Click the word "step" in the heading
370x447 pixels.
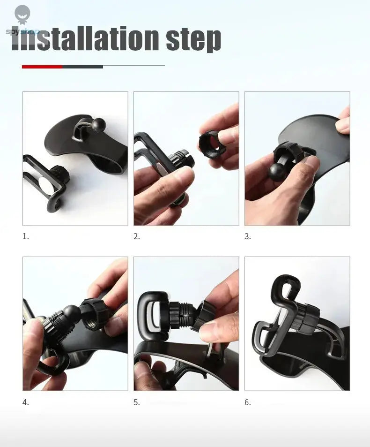[193, 39]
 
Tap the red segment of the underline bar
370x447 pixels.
[42, 67]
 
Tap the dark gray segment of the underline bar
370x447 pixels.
[82, 67]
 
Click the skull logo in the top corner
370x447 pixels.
[22, 14]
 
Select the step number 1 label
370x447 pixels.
[26, 237]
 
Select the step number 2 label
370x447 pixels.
[137, 237]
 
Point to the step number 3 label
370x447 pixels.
[248, 237]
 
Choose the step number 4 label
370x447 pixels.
[26, 402]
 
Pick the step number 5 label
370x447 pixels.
[137, 402]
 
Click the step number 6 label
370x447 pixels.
[248, 402]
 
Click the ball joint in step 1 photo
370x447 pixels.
[99, 124]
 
